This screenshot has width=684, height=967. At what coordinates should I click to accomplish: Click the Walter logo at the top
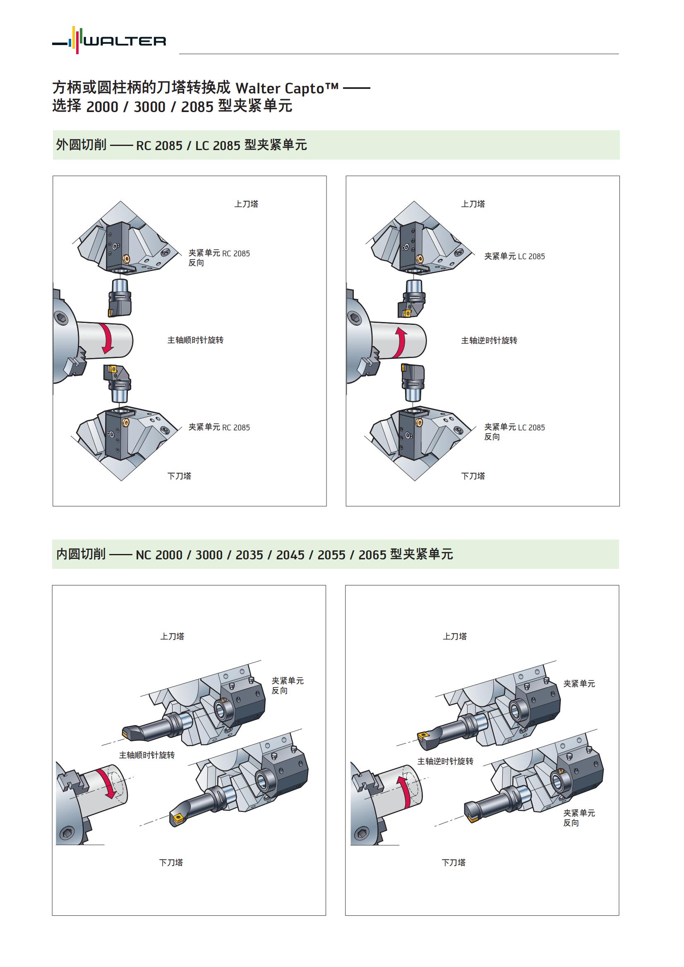(109, 41)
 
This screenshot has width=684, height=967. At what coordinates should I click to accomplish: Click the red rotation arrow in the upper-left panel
(108, 339)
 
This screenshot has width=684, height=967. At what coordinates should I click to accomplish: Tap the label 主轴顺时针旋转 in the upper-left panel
(195, 340)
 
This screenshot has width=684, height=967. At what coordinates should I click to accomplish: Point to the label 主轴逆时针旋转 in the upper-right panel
(489, 340)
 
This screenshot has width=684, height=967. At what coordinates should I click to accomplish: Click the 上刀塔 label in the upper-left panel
(246, 204)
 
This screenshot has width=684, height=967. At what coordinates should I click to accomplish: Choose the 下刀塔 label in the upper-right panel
(473, 476)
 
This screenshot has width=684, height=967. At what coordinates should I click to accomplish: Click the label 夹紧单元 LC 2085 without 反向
(514, 256)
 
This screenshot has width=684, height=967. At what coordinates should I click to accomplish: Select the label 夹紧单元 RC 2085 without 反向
(219, 427)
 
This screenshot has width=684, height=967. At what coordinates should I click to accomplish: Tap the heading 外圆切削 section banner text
(181, 145)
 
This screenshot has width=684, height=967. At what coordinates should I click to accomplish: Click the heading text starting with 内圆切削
(254, 554)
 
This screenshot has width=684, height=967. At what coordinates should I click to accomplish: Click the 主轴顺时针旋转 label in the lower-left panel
(146, 755)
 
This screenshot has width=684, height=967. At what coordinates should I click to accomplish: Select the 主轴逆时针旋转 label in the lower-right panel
(445, 761)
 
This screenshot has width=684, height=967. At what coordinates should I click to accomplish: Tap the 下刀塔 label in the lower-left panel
(171, 862)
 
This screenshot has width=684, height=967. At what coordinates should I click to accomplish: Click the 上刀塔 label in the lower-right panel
(455, 636)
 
